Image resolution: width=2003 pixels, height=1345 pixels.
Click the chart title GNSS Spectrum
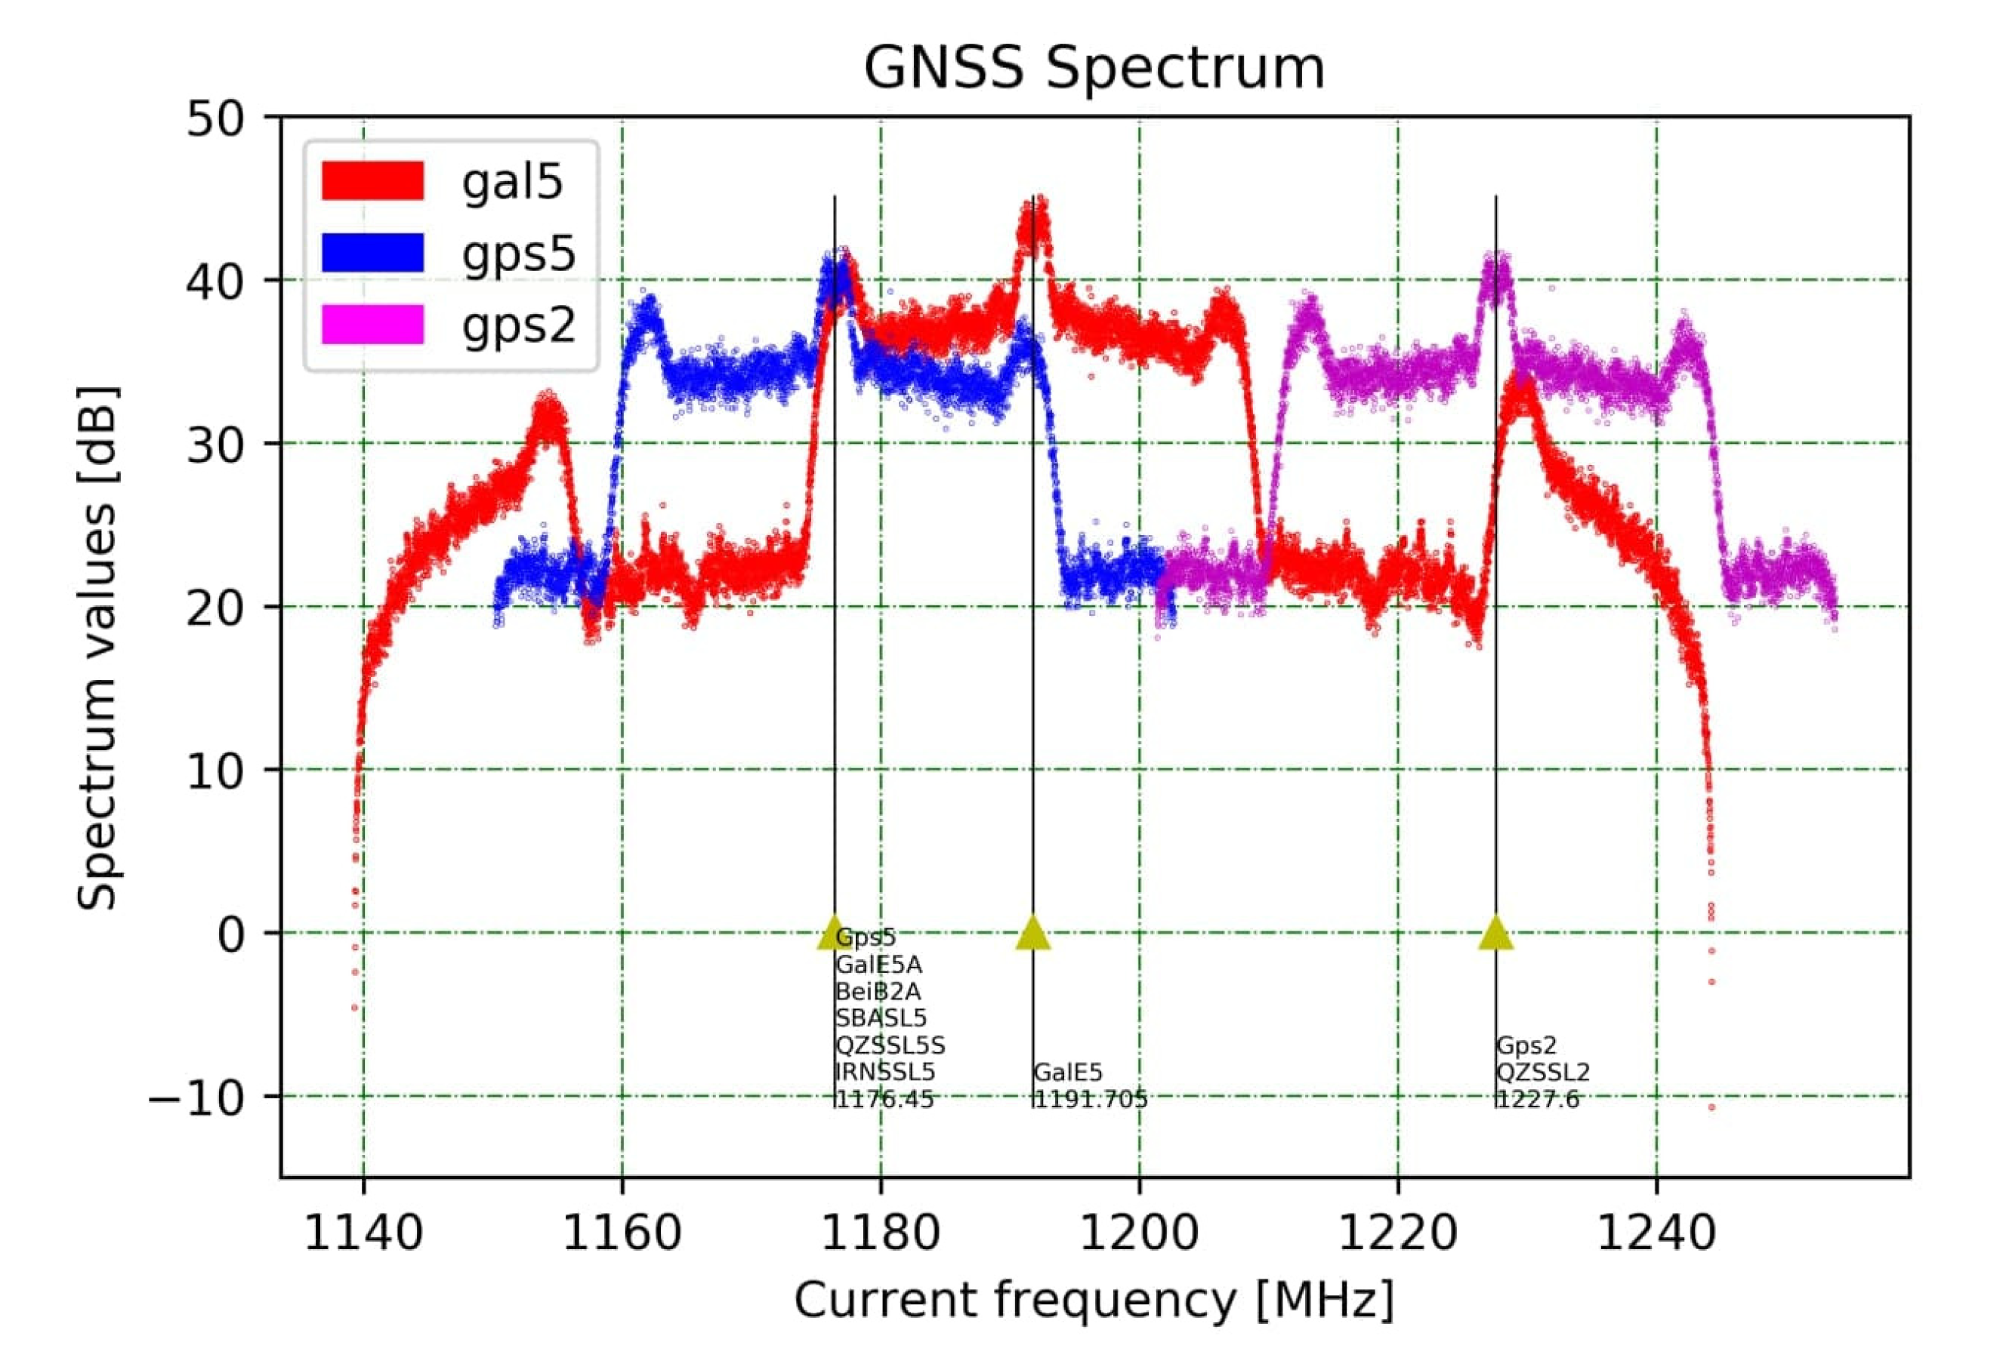(x=1094, y=69)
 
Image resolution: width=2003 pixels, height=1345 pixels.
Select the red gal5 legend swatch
(x=372, y=181)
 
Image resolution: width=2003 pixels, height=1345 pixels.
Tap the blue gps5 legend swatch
(x=372, y=253)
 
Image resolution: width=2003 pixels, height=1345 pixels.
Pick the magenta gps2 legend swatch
(x=372, y=325)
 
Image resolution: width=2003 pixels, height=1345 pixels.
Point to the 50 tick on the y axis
(x=226, y=118)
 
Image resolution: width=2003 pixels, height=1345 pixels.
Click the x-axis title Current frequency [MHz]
(x=1094, y=1300)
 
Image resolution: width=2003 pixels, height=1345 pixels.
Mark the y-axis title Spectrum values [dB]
(x=97, y=648)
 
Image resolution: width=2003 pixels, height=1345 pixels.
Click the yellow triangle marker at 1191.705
(x=1033, y=932)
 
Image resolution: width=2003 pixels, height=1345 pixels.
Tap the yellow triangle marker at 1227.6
(x=1495, y=932)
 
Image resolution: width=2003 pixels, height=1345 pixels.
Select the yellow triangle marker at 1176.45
(x=833, y=932)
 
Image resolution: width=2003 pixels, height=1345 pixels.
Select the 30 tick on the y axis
(x=226, y=445)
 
